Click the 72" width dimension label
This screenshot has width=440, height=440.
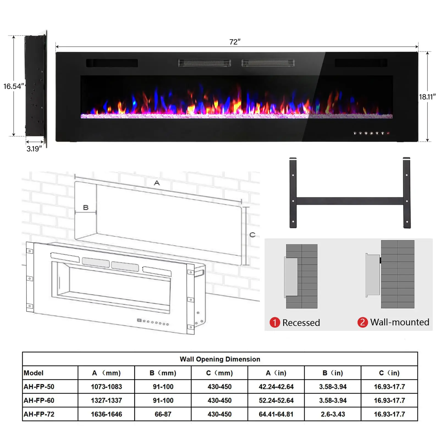tap(235, 42)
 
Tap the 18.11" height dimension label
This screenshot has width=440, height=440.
tap(427, 97)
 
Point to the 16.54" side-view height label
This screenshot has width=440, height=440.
tap(13, 86)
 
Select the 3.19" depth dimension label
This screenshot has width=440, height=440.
tap(34, 149)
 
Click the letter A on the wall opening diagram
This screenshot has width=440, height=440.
tap(157, 183)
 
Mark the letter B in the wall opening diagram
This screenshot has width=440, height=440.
tap(86, 207)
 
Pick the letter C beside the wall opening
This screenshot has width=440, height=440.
tap(252, 235)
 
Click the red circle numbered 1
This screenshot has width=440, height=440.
tap(274, 322)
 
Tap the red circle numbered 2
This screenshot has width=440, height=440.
tap(362, 322)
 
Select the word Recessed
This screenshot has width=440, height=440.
tap(301, 323)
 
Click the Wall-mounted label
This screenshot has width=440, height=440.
tap(400, 322)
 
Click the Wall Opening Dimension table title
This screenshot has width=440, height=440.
tap(220, 359)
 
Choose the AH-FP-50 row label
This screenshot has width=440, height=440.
tap(39, 387)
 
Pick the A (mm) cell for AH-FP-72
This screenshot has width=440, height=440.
tap(106, 414)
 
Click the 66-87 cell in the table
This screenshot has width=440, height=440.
tap(163, 414)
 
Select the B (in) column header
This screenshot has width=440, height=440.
tap(332, 373)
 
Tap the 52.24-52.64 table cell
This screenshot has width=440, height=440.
tap(276, 400)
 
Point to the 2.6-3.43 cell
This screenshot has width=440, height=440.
tap(332, 414)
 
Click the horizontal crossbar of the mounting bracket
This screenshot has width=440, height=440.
tap(350, 201)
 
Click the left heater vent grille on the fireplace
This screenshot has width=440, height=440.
tap(204, 63)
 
